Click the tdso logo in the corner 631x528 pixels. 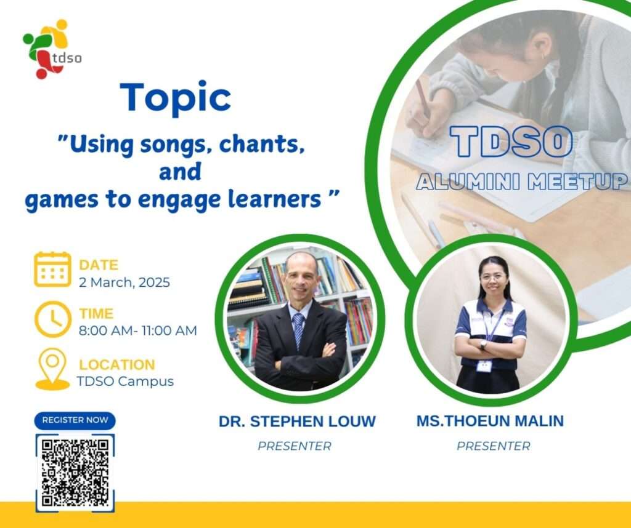pyautogui.click(x=52, y=49)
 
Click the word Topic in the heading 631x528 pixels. pyautogui.click(x=176, y=98)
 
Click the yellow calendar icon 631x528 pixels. pyautogui.click(x=53, y=269)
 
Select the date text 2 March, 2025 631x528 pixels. pyautogui.click(x=124, y=282)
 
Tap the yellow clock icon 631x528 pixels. pyautogui.click(x=53, y=319)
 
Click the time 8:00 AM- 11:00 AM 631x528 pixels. pyautogui.click(x=138, y=330)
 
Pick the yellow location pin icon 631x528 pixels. pyautogui.click(x=53, y=369)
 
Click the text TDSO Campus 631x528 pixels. pyautogui.click(x=126, y=381)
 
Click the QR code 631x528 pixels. pyautogui.click(x=75, y=473)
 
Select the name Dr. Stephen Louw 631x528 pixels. pyautogui.click(x=298, y=422)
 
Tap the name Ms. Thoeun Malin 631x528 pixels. pyautogui.click(x=490, y=421)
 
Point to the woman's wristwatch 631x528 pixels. pyautogui.click(x=484, y=345)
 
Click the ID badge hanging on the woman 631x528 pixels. pyautogui.click(x=484, y=366)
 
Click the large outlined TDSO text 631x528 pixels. pyautogui.click(x=511, y=142)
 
